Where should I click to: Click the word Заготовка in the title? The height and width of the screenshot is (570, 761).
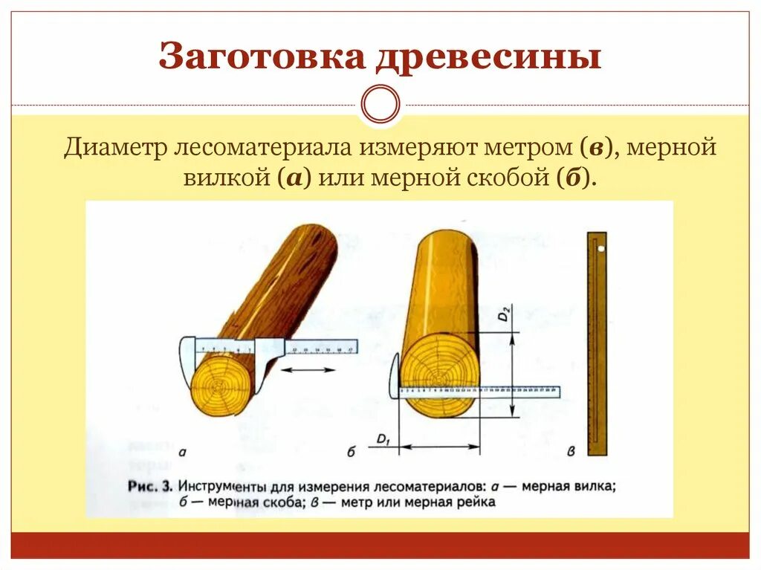click(261, 57)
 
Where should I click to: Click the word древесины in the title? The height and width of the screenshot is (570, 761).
click(487, 57)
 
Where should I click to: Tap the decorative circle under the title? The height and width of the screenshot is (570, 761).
click(380, 104)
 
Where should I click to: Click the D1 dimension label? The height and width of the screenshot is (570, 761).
click(383, 441)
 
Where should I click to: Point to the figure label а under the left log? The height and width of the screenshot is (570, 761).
click(183, 452)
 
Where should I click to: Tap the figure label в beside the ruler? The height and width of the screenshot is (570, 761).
click(571, 450)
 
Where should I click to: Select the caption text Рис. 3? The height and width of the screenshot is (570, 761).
click(150, 487)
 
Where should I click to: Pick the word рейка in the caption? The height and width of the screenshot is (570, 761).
click(476, 502)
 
